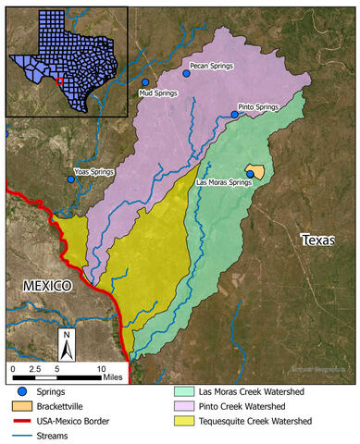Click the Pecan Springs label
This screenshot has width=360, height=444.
212,67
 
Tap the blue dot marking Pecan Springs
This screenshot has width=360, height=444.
186,73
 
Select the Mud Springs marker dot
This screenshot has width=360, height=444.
145,82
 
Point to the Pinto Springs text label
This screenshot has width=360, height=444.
258,107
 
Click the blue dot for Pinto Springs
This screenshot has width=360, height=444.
234,115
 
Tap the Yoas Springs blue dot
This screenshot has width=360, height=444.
71,179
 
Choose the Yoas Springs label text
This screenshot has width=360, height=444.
94,172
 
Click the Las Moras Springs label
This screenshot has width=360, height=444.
225,183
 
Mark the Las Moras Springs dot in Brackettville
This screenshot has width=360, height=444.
250,174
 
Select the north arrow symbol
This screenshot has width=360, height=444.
67,345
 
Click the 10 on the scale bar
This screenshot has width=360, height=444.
102,368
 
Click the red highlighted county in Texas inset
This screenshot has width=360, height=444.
58,80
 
